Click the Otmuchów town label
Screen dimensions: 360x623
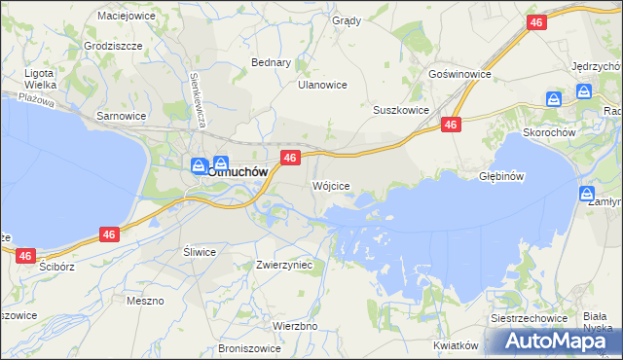pyautogui.click(x=238, y=171)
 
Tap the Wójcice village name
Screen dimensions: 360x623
pyautogui.click(x=329, y=185)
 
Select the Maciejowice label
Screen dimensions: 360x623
pyautogui.click(x=127, y=16)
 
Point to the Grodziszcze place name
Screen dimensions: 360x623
pyautogui.click(x=114, y=46)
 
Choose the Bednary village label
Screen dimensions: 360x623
pyautogui.click(x=272, y=62)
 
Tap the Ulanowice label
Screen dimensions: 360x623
pyautogui.click(x=322, y=85)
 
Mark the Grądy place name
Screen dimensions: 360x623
pyautogui.click(x=347, y=20)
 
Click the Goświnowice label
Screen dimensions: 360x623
pyautogui.click(x=459, y=74)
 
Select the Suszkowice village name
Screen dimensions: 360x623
pyautogui.click(x=401, y=111)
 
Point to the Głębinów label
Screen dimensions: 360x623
pyautogui.click(x=502, y=177)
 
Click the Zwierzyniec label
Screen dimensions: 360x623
pyautogui.click(x=283, y=265)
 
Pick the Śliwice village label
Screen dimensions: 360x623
pyautogui.click(x=200, y=251)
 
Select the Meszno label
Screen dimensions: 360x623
pyautogui.click(x=145, y=301)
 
